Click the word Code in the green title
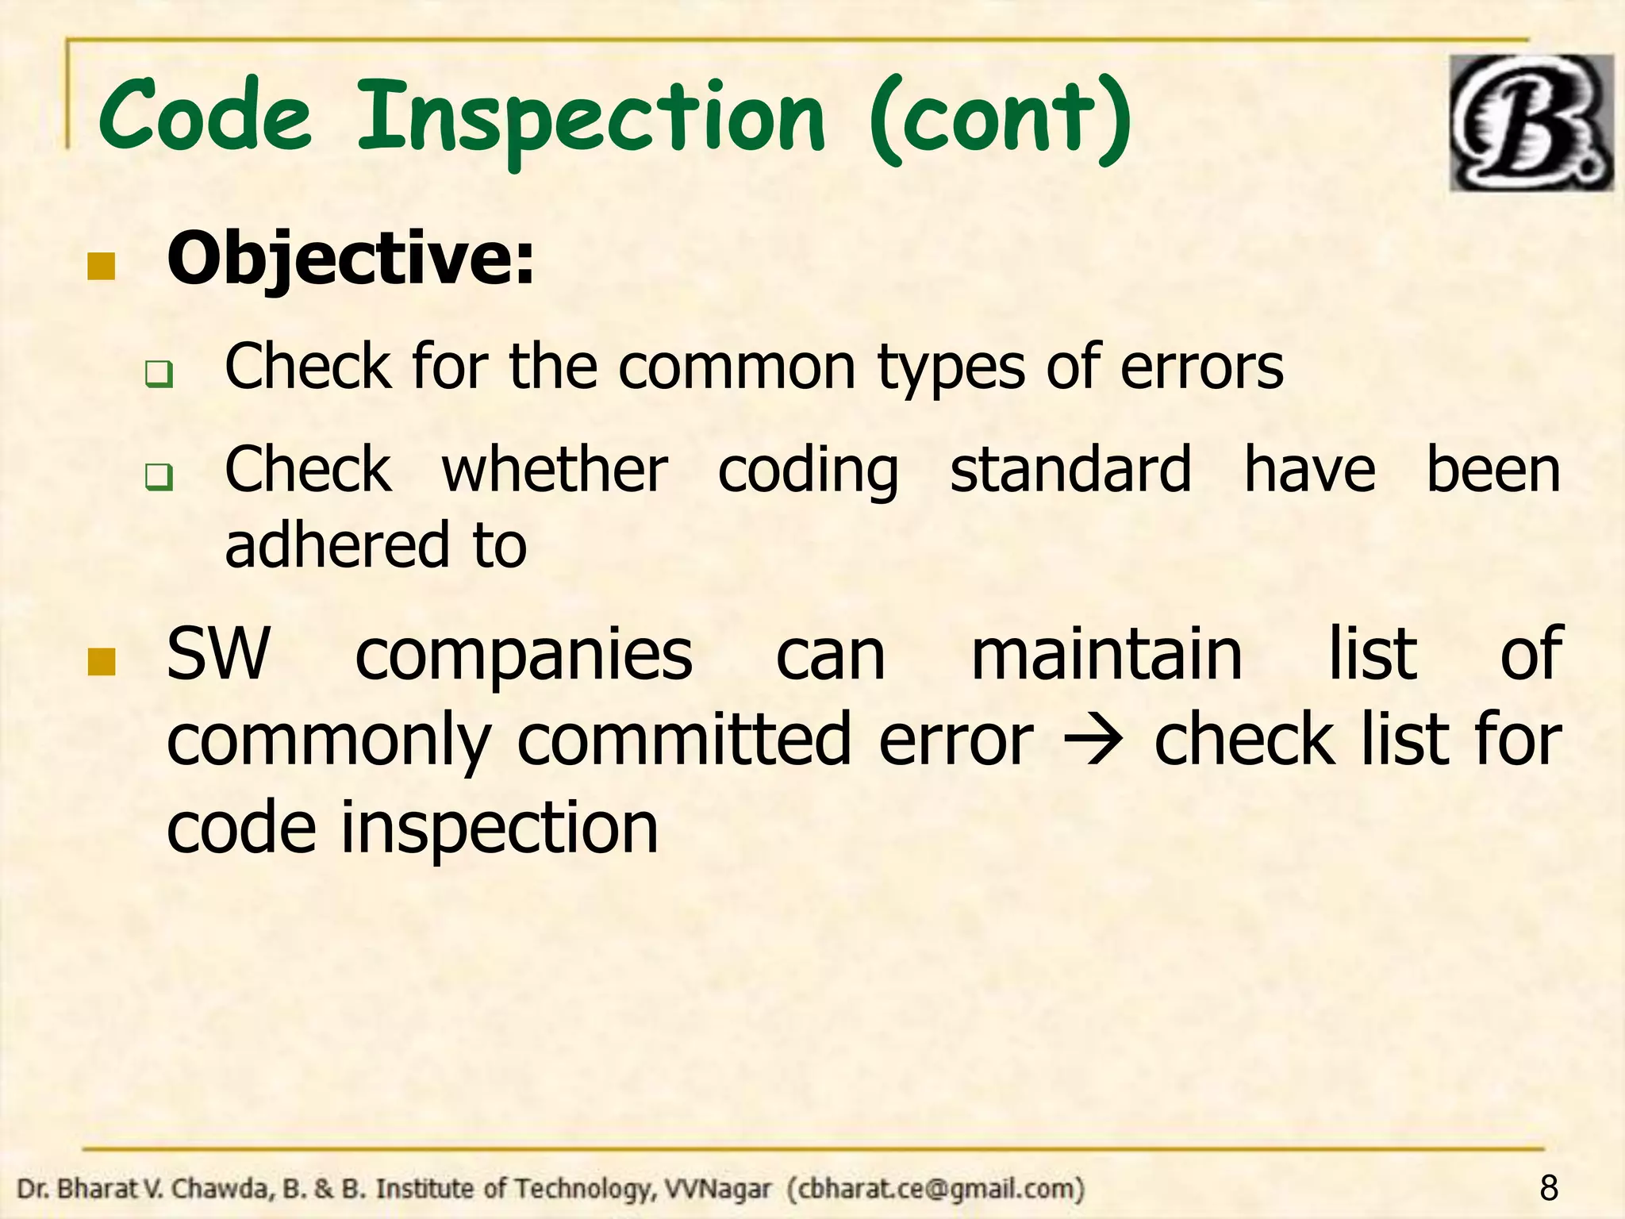click(205, 117)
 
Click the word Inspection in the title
click(591, 119)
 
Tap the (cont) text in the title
click(1001, 119)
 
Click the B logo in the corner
click(1531, 123)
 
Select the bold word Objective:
click(351, 260)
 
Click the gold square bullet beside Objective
click(102, 267)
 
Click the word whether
click(555, 470)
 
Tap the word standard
click(1070, 470)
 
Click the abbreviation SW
click(218, 654)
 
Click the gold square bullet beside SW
click(102, 661)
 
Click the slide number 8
click(1548, 1188)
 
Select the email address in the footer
click(936, 1189)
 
